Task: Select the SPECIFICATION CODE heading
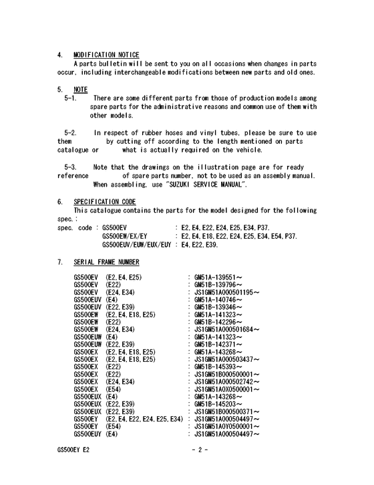pyautogui.click(x=105, y=201)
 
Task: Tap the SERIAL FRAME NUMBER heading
pyautogui.click(x=107, y=263)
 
